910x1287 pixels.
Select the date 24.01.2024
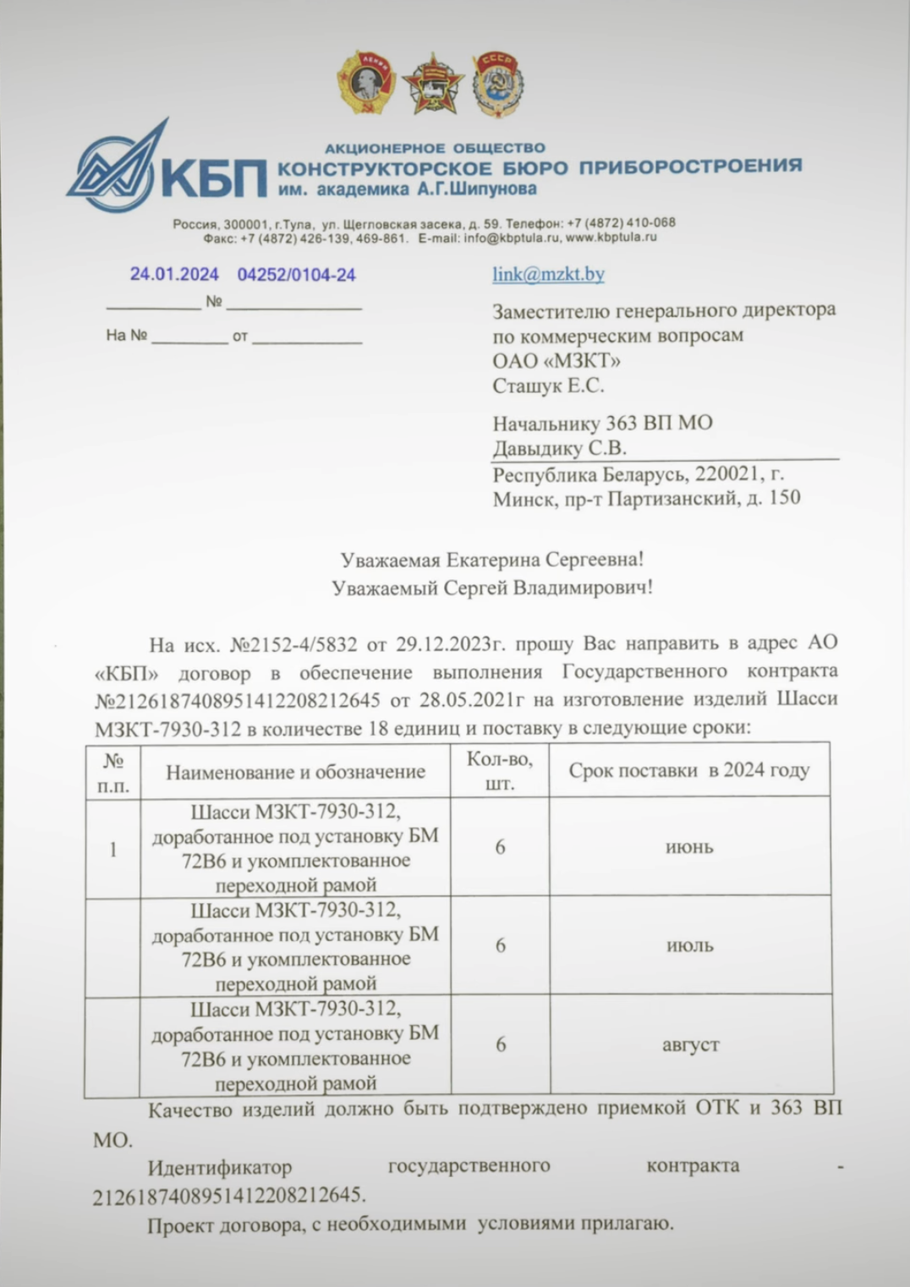(174, 274)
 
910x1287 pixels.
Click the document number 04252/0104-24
(296, 275)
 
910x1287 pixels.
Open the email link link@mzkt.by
(548, 274)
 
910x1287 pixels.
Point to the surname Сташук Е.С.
(548, 386)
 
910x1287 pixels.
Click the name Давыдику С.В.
(559, 448)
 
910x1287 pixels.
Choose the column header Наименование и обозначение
(295, 772)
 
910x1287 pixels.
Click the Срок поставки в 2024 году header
(688, 770)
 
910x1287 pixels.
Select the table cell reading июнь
(689, 847)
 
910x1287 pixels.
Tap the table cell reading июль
(690, 945)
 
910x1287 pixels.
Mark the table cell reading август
(690, 1045)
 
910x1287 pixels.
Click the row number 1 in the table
(112, 849)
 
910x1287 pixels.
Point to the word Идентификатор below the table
(220, 1167)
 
